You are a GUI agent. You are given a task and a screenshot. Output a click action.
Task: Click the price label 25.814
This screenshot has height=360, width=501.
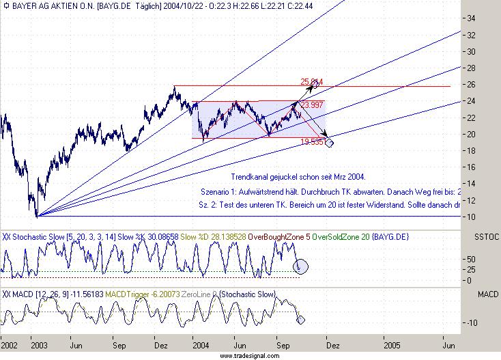[311, 82]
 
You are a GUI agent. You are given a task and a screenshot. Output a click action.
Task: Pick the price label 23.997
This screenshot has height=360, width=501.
[311, 105]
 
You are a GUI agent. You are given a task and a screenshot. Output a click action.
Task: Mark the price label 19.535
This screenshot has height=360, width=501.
[311, 141]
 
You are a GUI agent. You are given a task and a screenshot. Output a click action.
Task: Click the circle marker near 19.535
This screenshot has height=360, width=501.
[330, 143]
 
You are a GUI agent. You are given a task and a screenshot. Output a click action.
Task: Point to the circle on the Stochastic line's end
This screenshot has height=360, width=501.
[301, 265]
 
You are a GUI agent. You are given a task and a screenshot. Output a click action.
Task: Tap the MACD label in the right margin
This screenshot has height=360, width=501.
[487, 294]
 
